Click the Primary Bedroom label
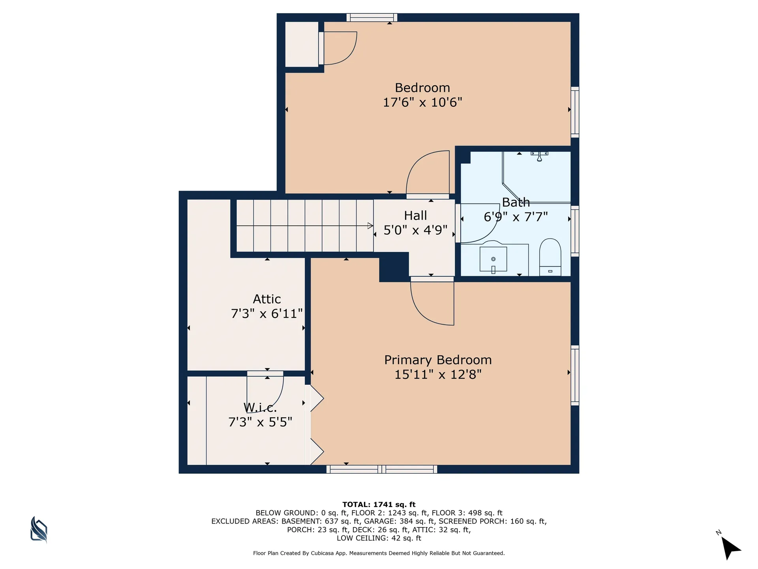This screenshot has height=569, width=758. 438,360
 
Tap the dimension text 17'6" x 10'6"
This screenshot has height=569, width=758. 422,102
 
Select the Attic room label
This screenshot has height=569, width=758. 267,299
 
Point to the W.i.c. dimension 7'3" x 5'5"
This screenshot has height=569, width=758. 260,422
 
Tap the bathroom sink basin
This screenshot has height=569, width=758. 493,260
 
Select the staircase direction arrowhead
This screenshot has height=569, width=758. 370,226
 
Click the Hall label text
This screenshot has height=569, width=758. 415,216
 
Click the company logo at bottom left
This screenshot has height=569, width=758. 39,529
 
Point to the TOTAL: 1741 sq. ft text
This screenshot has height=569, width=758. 379,505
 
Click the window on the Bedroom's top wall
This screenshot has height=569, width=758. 372,17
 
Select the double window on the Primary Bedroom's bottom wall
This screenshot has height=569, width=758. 381,469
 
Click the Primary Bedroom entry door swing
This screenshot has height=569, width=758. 432,302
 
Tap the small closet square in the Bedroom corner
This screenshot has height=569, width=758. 302,44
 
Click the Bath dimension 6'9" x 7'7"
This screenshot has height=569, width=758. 516,217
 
